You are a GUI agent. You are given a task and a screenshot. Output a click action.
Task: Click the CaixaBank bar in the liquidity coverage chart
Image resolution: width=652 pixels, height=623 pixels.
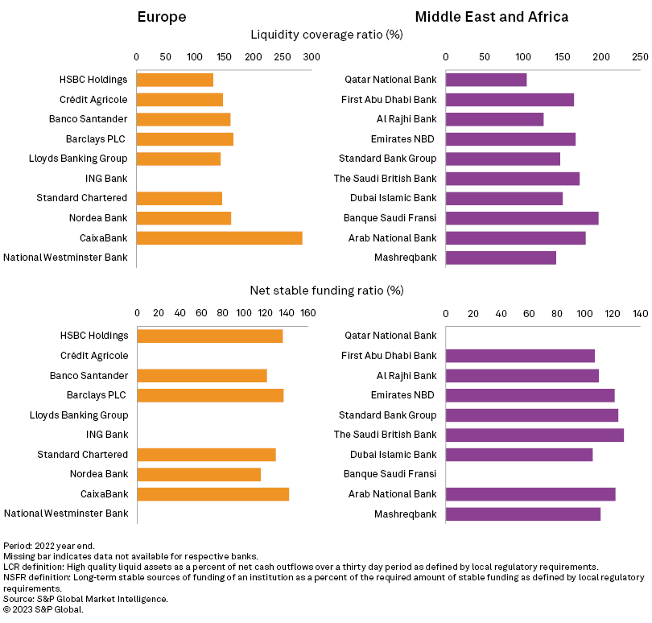219,237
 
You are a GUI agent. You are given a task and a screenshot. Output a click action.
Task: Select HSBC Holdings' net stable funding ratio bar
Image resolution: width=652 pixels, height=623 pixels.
209,336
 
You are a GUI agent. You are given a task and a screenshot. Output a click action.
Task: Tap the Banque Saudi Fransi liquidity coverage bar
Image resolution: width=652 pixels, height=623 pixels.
522,218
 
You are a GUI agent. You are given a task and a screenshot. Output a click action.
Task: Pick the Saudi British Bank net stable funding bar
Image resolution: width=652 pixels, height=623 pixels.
534,435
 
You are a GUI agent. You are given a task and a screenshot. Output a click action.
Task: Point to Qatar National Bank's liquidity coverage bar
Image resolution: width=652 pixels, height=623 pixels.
486,80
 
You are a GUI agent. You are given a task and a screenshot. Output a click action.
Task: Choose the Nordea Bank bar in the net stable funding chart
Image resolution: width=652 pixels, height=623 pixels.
199,474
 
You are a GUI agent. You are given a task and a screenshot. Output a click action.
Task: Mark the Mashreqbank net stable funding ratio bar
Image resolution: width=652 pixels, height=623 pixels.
523,514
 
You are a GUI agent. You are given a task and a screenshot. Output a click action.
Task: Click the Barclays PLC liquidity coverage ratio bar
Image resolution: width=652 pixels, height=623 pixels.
184,139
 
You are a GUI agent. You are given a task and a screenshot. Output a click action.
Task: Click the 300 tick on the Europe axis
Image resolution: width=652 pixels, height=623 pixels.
312,57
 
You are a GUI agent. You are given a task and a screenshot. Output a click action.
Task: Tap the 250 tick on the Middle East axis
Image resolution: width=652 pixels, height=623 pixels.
640,57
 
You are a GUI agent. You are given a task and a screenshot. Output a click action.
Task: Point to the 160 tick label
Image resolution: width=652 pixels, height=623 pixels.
308,313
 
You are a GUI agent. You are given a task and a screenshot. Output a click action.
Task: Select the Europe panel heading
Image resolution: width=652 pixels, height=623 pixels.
162,17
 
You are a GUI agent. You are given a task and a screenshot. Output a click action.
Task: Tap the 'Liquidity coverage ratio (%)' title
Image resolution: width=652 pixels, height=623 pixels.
327,35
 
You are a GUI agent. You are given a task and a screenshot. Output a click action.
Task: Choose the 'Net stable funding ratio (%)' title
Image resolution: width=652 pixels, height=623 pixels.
327,290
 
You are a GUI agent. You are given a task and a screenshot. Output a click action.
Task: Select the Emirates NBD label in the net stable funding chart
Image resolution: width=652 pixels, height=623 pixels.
403,395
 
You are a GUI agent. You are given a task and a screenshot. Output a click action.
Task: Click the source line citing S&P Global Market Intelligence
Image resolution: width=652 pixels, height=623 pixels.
85,599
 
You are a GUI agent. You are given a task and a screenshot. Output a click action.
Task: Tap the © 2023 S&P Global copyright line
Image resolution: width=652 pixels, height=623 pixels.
43,609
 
